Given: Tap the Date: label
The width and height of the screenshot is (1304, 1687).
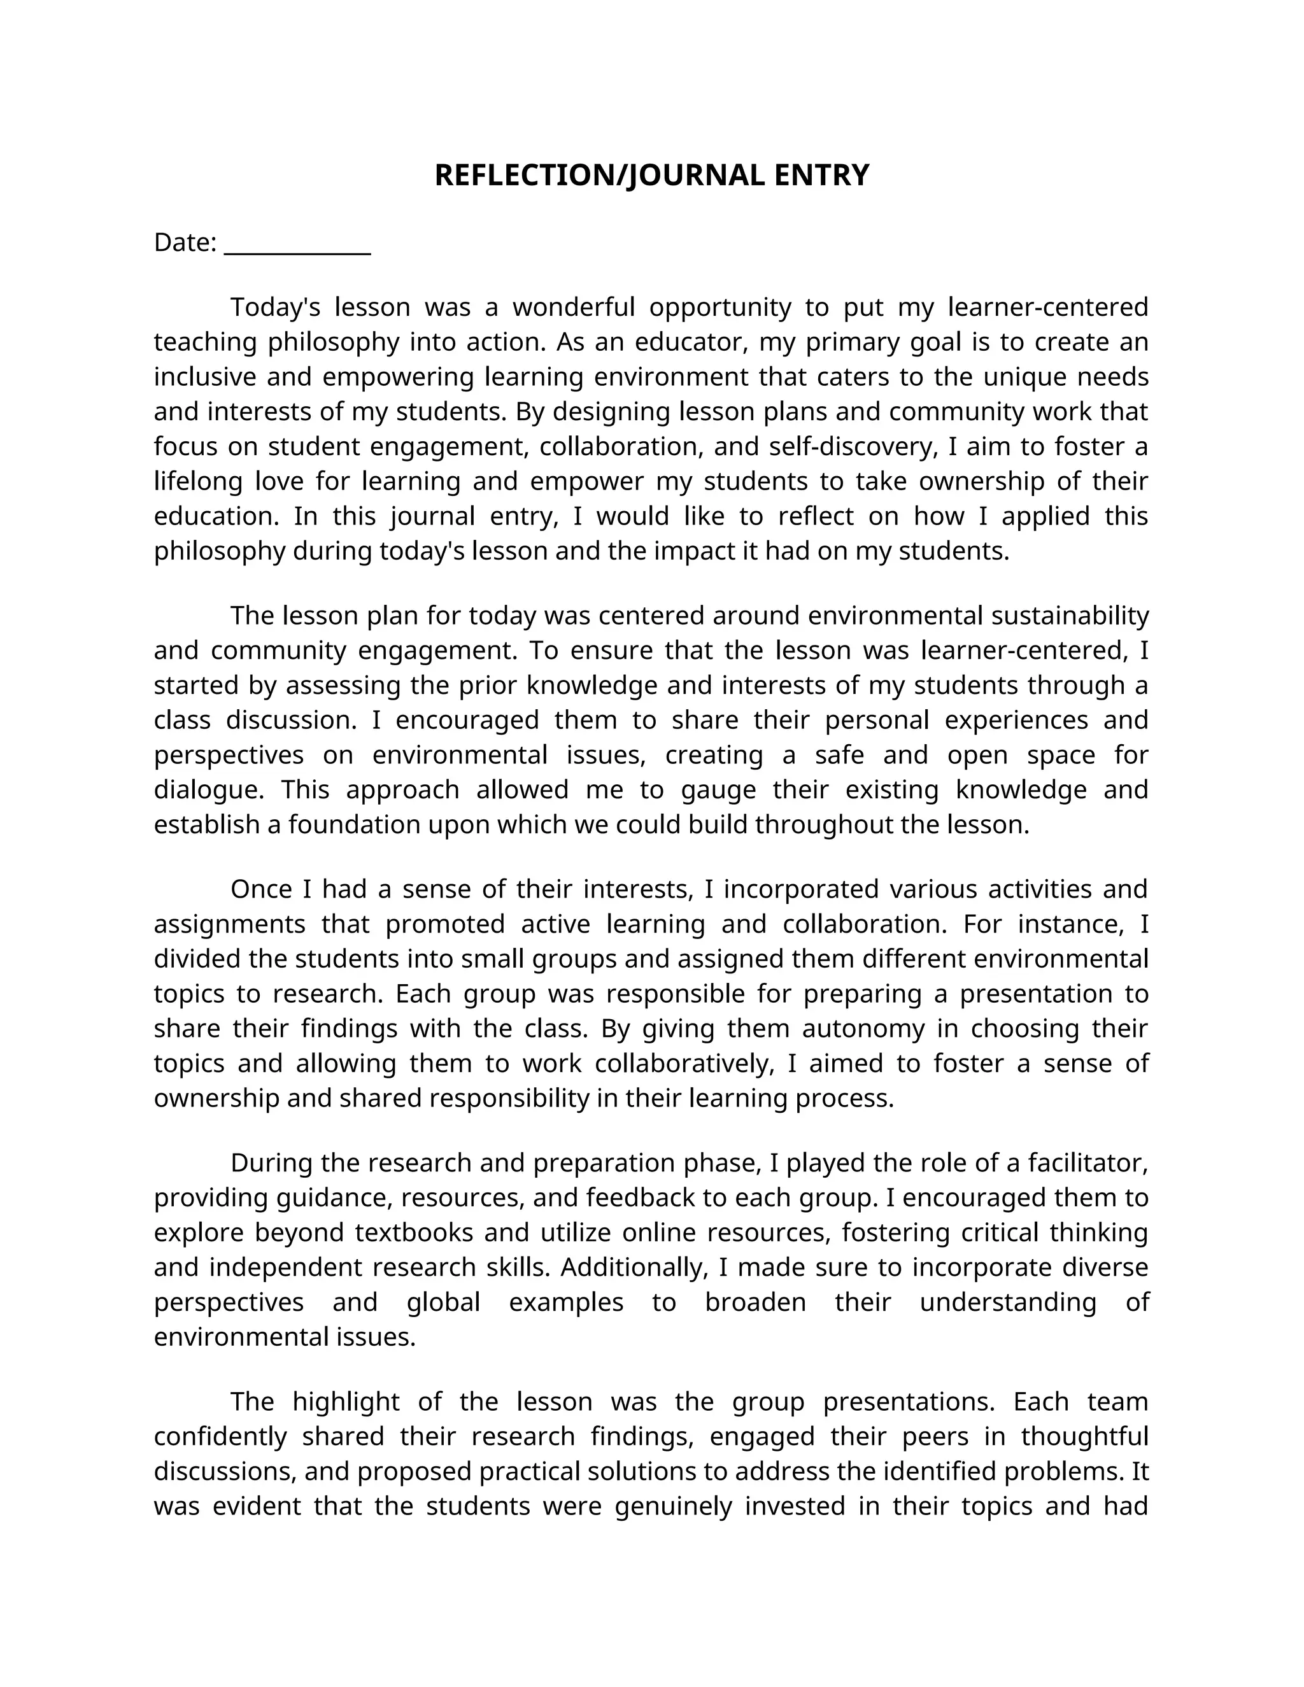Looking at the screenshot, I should coord(185,243).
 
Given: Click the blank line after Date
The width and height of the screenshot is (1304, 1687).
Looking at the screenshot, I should coord(297,246).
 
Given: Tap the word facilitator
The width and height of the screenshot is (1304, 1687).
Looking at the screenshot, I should coord(1087,1162).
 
